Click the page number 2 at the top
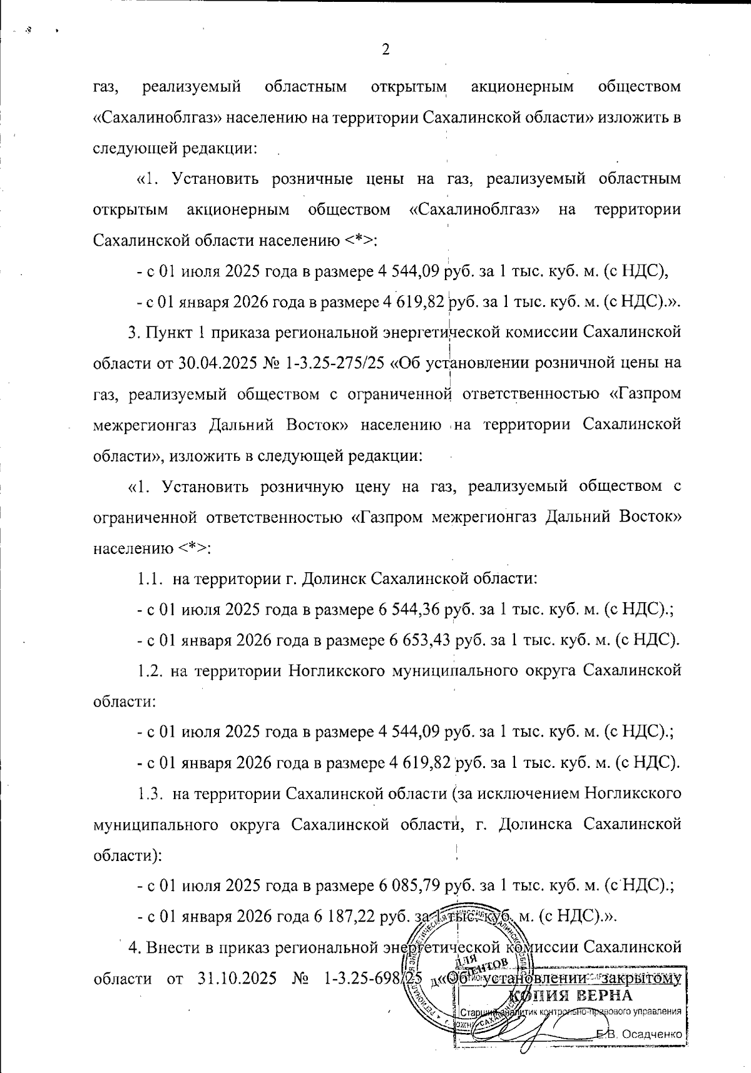pos(386,49)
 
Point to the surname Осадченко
pos(651,1034)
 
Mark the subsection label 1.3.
pos(150,794)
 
